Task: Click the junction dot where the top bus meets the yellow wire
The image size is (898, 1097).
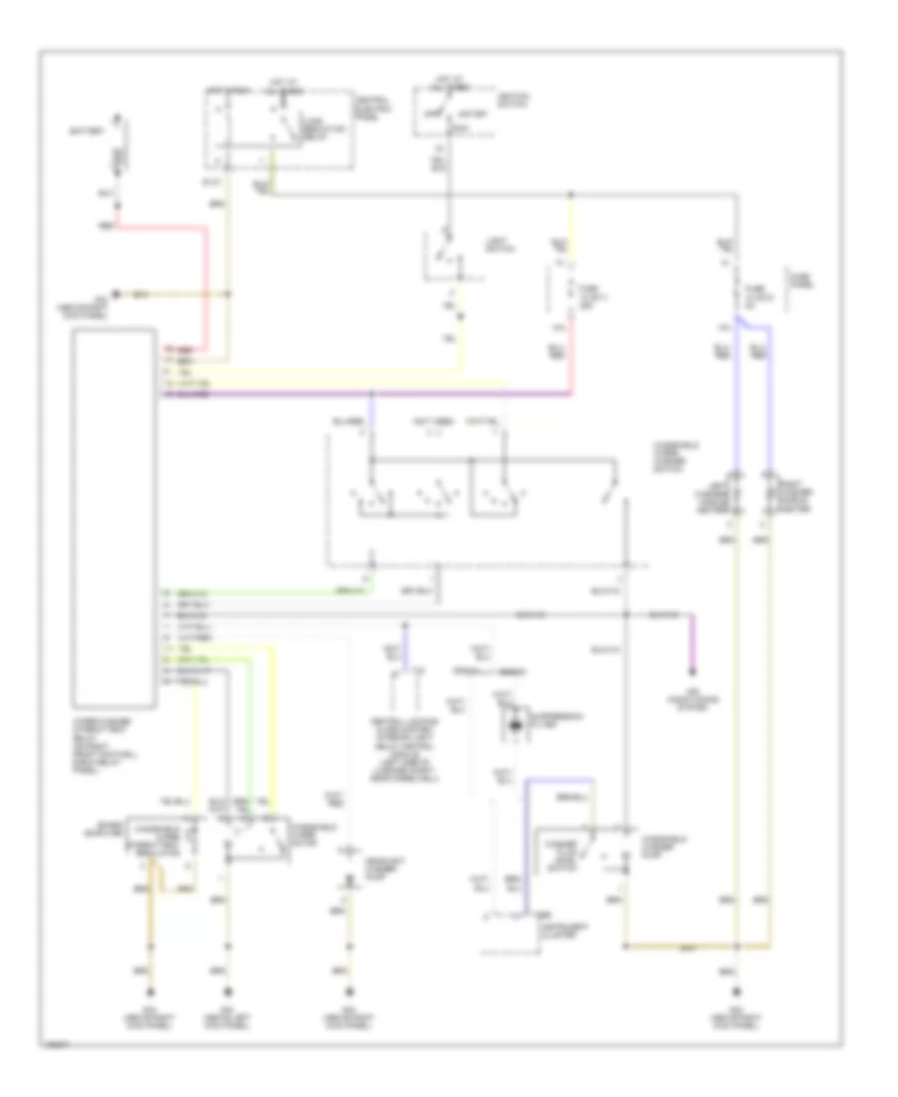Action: point(572,194)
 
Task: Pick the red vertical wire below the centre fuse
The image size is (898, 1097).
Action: point(572,369)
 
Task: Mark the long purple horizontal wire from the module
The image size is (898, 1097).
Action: point(369,395)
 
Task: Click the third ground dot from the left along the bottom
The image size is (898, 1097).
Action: point(349,991)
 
